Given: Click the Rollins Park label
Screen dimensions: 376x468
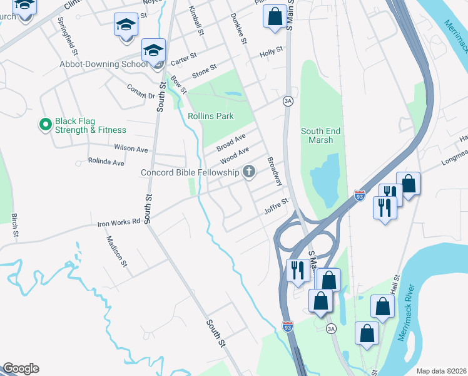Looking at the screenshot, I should click(211, 116).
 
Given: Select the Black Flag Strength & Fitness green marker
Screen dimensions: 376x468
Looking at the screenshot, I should click(45, 125).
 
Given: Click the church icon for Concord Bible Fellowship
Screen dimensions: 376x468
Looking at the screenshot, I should click(249, 172).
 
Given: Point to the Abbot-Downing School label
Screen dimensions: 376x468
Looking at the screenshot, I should click(104, 64).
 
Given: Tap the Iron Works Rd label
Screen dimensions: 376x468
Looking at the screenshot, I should click(118, 222).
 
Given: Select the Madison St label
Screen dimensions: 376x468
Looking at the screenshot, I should click(117, 251).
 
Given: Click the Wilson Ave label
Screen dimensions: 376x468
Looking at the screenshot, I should click(131, 149).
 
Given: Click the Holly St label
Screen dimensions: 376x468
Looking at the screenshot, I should click(272, 53).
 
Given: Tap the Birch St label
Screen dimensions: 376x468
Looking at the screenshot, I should click(14, 226).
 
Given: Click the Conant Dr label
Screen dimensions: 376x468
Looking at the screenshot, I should click(141, 91).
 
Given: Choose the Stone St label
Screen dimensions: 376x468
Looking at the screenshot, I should click(204, 70).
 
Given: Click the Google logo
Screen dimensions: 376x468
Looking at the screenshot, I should click(21, 368).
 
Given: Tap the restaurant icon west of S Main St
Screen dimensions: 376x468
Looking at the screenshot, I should click(297, 270).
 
